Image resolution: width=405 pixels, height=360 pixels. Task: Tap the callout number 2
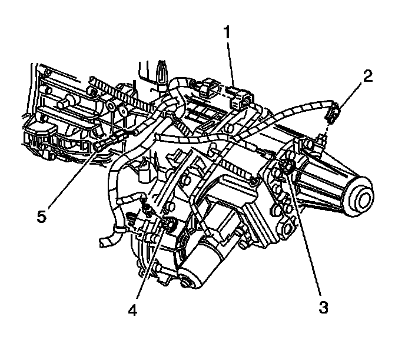tap(367, 76)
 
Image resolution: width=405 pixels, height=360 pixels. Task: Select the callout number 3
tap(324, 307)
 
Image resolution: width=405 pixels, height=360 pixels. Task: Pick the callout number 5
tap(41, 216)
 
